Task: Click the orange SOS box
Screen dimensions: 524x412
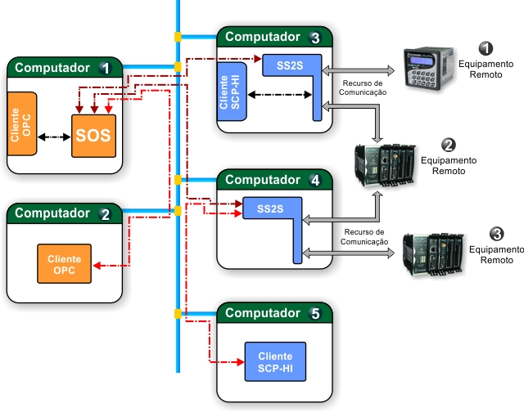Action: pos(93,136)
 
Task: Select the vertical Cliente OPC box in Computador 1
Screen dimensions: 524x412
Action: pos(22,123)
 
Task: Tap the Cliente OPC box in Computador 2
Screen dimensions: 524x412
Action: pos(64,263)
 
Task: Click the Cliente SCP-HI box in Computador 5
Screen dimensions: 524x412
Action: pos(275,361)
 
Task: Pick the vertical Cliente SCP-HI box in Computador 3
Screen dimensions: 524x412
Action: pos(232,92)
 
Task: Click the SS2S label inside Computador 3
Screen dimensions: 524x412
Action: pos(290,65)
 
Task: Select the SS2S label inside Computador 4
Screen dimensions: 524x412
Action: pos(270,208)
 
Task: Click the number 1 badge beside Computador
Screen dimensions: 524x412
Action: pos(106,68)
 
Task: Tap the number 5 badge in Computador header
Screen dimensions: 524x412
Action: pos(315,313)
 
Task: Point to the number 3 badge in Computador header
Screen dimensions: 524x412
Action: pos(315,38)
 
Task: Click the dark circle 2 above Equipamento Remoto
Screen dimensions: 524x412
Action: pos(448,146)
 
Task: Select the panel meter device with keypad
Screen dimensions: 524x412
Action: pos(429,69)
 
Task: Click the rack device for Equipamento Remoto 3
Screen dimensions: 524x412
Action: pos(433,254)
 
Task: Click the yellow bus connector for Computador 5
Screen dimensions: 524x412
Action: pos(178,314)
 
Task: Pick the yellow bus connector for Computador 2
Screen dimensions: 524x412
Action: pos(178,211)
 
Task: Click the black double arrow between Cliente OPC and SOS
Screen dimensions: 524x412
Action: pos(54,137)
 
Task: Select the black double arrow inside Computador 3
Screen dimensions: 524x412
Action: pos(280,95)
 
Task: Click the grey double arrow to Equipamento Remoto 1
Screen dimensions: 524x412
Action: pos(358,71)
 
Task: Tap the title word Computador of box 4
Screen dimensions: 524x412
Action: pos(263,180)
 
